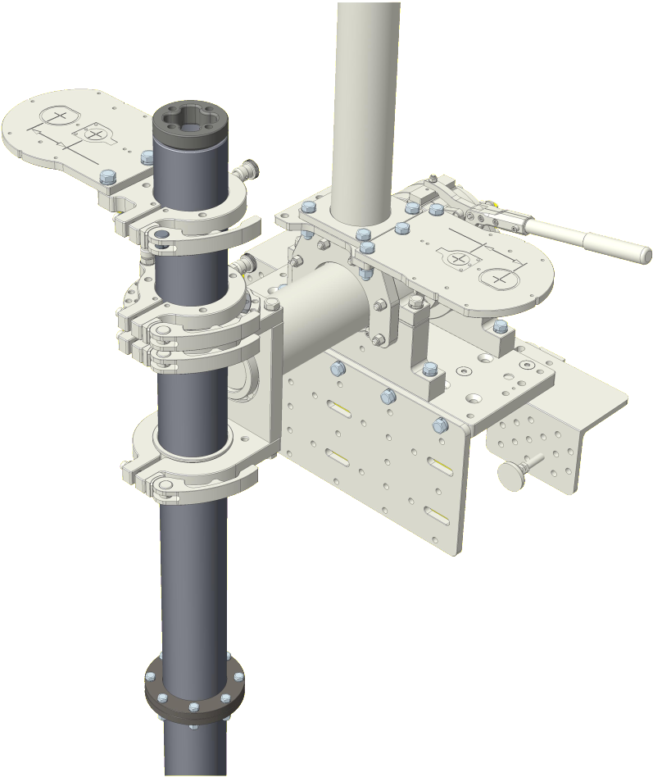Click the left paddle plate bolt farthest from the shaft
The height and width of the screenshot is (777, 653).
pyautogui.click(x=107, y=177)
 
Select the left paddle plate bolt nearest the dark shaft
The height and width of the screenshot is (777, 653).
pyautogui.click(x=147, y=157)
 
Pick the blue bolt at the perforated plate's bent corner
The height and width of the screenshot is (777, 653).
pyautogui.click(x=440, y=425)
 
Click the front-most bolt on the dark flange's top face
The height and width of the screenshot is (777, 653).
pyautogui.click(x=193, y=707)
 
